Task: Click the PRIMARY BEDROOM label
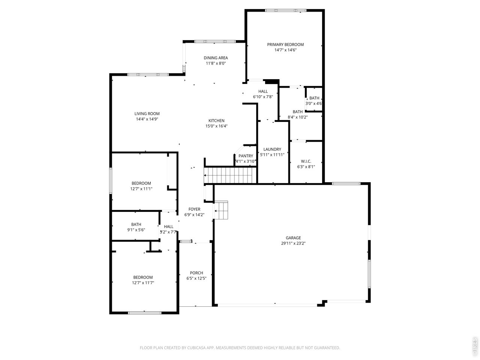(x=285, y=45)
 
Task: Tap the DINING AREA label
(x=216, y=58)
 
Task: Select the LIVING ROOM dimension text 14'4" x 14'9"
(x=147, y=119)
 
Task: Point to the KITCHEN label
(x=216, y=121)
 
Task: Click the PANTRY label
(x=246, y=156)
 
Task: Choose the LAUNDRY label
(x=272, y=149)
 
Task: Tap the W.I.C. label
(x=306, y=161)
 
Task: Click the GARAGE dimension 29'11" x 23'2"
(x=293, y=243)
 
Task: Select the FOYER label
(x=194, y=209)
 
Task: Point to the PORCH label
(x=196, y=273)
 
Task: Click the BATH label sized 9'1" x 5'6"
(x=136, y=224)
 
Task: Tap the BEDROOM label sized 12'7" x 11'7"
(x=143, y=277)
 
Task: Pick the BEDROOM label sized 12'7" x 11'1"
(x=141, y=183)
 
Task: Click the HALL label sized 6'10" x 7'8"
(x=263, y=91)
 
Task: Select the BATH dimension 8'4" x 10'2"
(x=297, y=117)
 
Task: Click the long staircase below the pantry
(x=230, y=175)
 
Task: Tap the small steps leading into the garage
(x=221, y=210)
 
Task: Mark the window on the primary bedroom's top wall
(x=285, y=10)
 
